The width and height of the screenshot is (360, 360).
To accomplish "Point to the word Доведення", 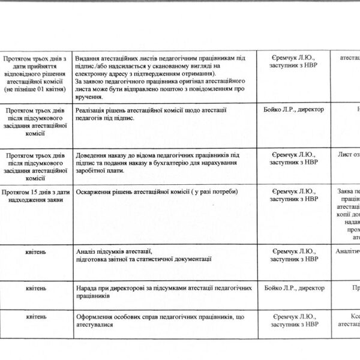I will click(95, 155).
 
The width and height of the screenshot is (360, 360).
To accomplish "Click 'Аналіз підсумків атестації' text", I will click(112, 250).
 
